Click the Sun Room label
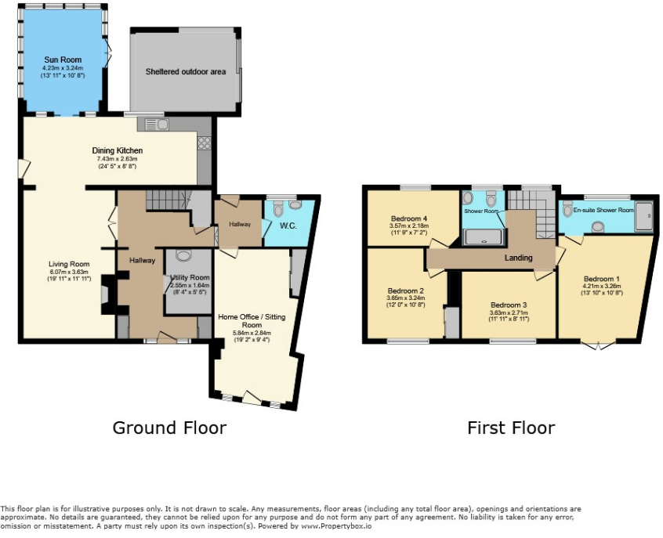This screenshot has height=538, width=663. click(x=63, y=60)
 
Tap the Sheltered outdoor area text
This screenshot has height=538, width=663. click(x=186, y=72)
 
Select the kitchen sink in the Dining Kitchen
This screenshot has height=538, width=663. click(x=152, y=124)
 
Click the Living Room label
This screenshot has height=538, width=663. click(x=68, y=264)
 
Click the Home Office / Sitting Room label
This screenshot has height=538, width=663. click(x=251, y=320)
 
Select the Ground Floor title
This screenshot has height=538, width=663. click(x=169, y=428)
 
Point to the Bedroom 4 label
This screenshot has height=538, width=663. click(x=409, y=218)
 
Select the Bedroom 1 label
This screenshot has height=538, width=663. click(x=602, y=279)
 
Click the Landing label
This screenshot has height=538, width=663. click(x=518, y=258)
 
